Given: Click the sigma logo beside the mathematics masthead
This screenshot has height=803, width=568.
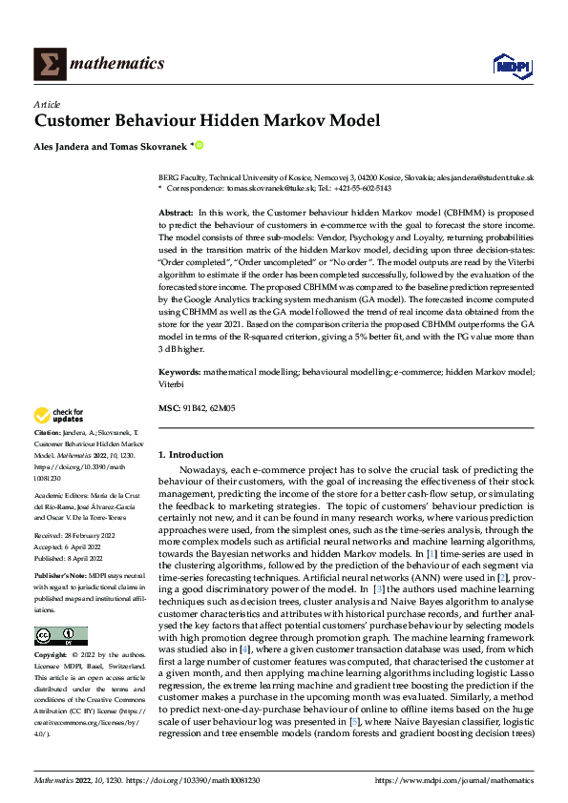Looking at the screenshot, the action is (x=47, y=64).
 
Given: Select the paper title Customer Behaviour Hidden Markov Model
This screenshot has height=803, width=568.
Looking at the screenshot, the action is (x=207, y=121).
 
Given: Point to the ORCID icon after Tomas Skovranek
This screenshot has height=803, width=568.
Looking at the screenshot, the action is (x=200, y=147).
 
